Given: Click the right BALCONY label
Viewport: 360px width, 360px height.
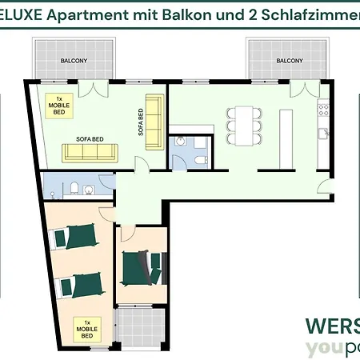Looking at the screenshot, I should (289, 61).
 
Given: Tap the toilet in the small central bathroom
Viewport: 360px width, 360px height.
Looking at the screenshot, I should (181, 142).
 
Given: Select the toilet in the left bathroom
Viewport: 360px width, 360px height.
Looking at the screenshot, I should (73, 190).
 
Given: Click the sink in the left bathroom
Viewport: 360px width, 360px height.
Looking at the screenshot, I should (90, 190).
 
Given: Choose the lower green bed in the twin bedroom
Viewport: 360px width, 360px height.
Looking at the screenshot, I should (79, 282).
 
